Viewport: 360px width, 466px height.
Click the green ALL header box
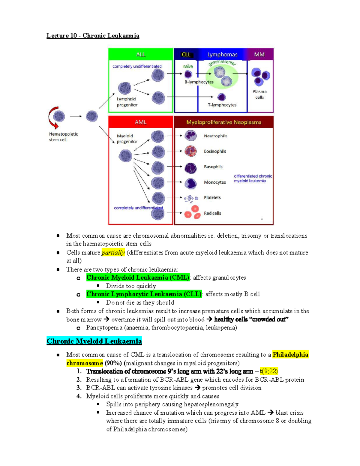141,54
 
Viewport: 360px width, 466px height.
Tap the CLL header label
186,54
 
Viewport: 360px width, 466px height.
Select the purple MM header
259,54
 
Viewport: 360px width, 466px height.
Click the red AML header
141,122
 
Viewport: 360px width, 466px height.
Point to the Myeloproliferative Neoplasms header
223,122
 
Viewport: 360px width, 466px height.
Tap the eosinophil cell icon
190,151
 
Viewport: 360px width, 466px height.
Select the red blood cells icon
192,212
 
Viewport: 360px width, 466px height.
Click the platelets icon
191,198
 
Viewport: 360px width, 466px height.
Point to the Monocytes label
215,182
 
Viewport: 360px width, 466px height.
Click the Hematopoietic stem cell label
63,137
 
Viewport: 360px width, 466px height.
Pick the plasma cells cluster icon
260,76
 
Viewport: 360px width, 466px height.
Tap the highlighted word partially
113,253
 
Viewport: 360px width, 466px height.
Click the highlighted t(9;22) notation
269,371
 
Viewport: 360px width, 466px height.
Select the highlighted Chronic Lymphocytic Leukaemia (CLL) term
144,294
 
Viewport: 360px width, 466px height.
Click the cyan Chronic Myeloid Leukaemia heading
94,341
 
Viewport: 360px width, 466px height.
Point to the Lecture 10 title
93,36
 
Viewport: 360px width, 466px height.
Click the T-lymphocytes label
222,105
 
